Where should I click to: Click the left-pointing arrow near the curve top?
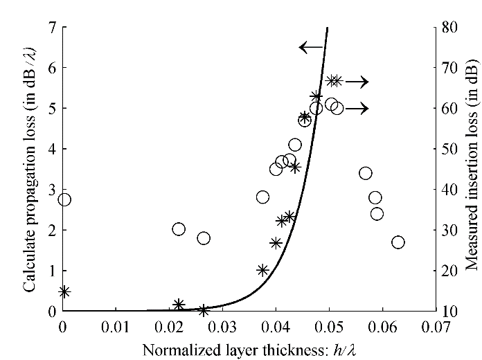click(311, 47)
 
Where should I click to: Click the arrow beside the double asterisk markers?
click(357, 82)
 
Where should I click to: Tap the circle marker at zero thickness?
click(64, 199)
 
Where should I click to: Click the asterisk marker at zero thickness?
click(64, 292)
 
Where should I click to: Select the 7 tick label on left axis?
click(52, 28)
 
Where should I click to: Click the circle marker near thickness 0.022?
click(179, 229)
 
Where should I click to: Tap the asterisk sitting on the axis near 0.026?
click(204, 310)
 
